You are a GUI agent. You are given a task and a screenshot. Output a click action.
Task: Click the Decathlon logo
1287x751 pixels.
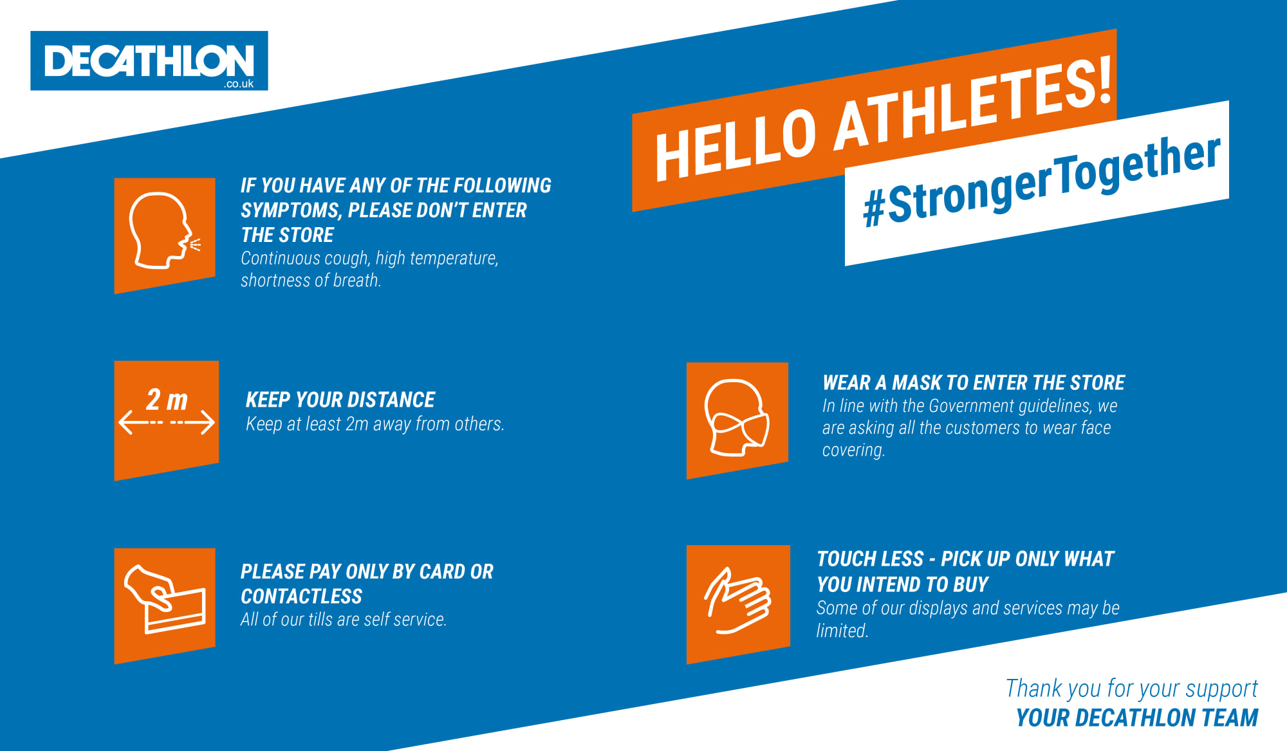149,60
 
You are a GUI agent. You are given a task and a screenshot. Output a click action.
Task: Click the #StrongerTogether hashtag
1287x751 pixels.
1041,181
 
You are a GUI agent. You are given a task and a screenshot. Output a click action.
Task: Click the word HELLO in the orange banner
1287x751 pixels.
736,145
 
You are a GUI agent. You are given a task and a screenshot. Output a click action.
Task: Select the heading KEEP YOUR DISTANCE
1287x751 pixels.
340,400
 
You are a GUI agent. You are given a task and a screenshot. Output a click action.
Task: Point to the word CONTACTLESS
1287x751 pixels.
301,597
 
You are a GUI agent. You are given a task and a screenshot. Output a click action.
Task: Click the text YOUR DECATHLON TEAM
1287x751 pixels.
1137,718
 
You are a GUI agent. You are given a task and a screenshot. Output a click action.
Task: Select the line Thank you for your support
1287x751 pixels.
1132,689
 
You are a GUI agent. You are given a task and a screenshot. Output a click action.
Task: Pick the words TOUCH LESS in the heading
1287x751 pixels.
871,559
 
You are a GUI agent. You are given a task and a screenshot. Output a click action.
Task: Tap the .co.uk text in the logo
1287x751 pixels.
239,84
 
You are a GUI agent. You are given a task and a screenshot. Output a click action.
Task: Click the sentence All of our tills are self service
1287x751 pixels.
344,620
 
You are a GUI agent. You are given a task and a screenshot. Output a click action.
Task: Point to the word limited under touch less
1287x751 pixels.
842,631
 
